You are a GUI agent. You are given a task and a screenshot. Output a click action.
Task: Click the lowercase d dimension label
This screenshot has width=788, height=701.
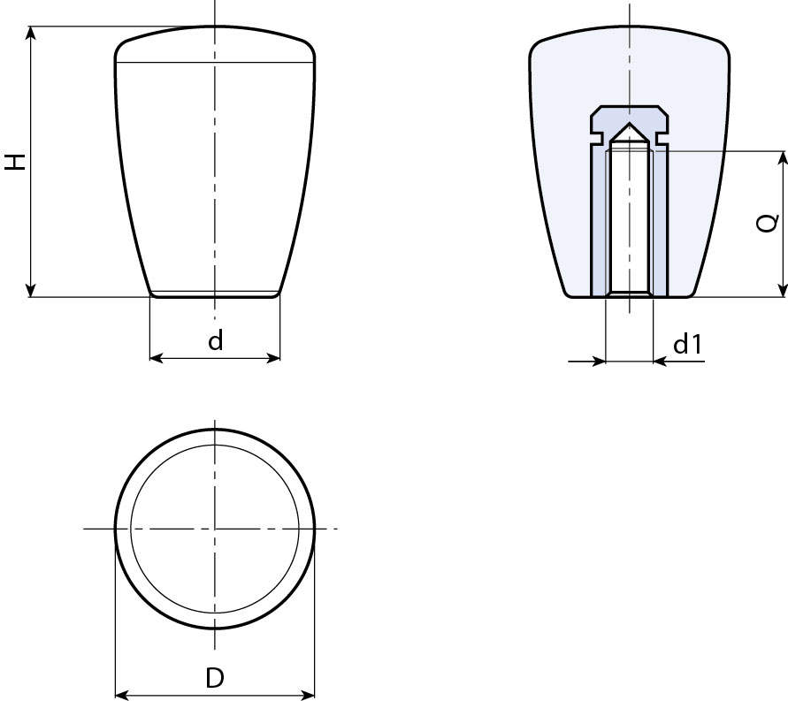coord(216,341)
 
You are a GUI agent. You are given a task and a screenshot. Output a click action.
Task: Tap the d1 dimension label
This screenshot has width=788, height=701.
coord(687,345)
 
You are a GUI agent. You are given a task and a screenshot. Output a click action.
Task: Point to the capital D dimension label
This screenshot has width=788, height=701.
coord(215,678)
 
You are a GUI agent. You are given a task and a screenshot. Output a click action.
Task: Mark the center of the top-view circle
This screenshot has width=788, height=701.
coord(215,529)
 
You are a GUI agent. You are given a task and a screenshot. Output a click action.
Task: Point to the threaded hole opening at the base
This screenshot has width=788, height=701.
coord(629,295)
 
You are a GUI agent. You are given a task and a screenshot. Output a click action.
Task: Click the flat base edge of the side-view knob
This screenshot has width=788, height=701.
coord(215,295)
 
